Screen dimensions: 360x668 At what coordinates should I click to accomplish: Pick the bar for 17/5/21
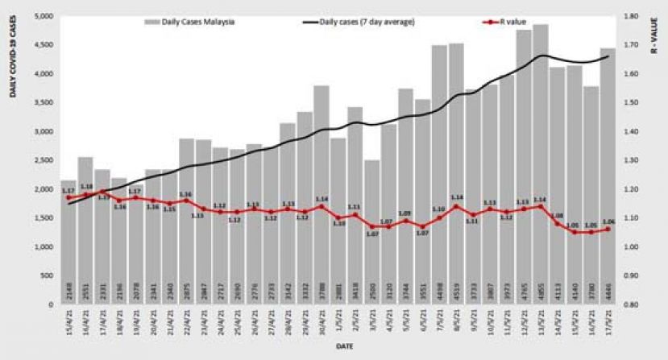click(608, 176)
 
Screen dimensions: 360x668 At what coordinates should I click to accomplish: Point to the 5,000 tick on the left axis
click(41, 16)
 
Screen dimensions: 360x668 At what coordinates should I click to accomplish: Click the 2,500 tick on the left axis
click(41, 160)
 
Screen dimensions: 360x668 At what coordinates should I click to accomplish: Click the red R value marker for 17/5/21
click(608, 230)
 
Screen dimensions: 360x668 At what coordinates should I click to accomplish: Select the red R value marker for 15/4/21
click(68, 197)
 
